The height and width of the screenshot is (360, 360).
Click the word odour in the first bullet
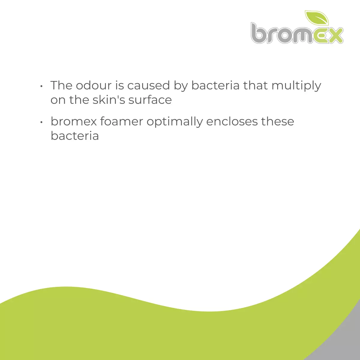93,85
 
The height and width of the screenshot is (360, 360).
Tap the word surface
150,100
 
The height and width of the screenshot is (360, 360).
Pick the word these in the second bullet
277,121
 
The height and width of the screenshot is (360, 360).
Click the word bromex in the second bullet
73,121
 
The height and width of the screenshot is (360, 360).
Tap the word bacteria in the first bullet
215,85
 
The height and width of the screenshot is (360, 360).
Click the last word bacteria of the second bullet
75,136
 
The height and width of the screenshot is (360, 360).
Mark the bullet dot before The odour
41,86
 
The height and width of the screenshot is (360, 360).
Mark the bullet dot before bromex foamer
41,122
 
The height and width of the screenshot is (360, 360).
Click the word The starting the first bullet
61,85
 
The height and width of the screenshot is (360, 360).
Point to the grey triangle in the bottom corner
345,342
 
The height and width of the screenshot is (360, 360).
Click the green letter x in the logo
334,36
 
